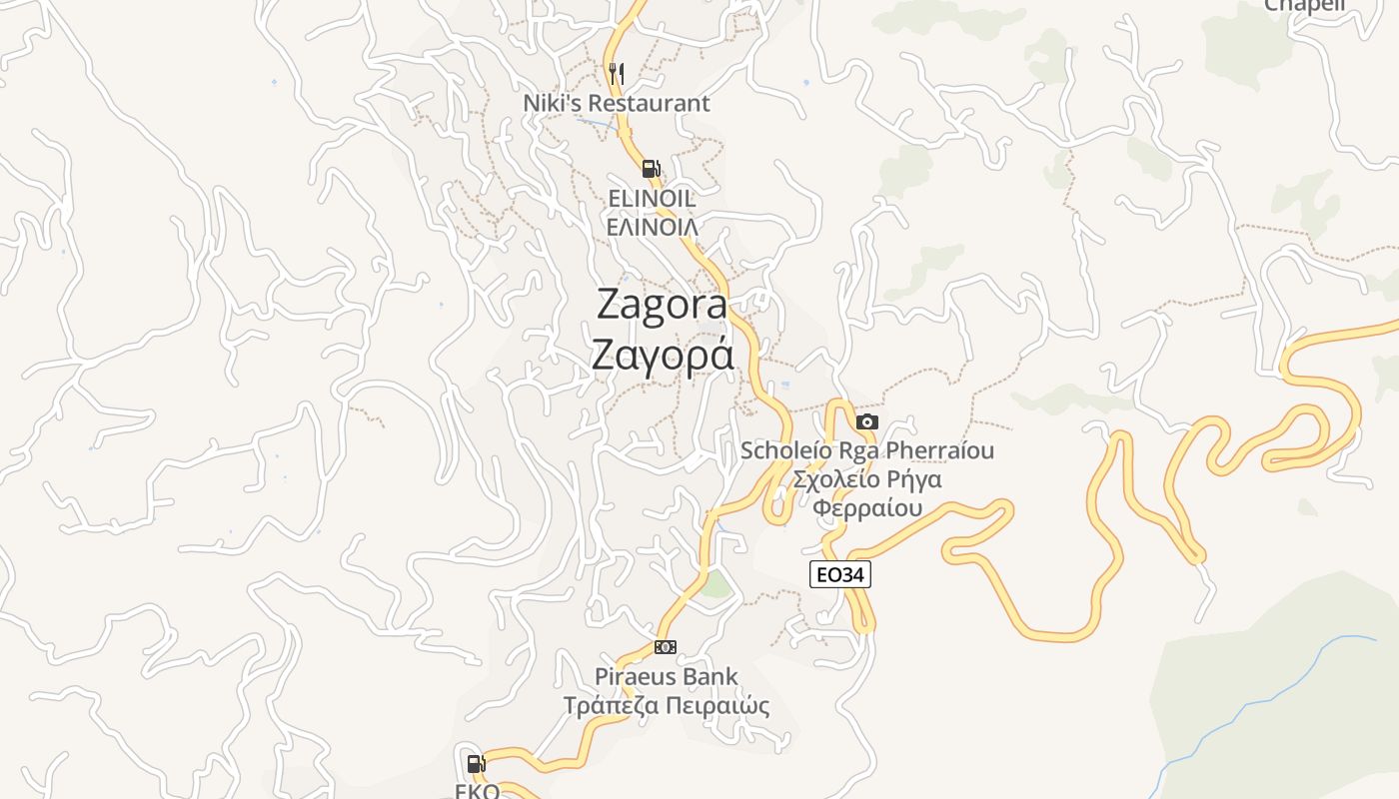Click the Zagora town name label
[662, 304]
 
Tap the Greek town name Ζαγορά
[662, 355]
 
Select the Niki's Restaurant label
[617, 103]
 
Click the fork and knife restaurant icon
[617, 73]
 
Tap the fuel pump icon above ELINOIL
[651, 169]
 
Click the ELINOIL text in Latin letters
[652, 199]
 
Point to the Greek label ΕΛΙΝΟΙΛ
[652, 227]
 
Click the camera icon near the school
[866, 421]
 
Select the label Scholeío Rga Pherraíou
[866, 450]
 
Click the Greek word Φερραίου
[866, 508]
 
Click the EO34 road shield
[839, 574]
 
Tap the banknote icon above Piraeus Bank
[665, 647]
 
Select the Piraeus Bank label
[667, 676]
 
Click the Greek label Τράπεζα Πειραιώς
[667, 706]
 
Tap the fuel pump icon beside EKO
[476, 764]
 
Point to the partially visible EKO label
[477, 791]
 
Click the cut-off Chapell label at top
[1305, 5]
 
